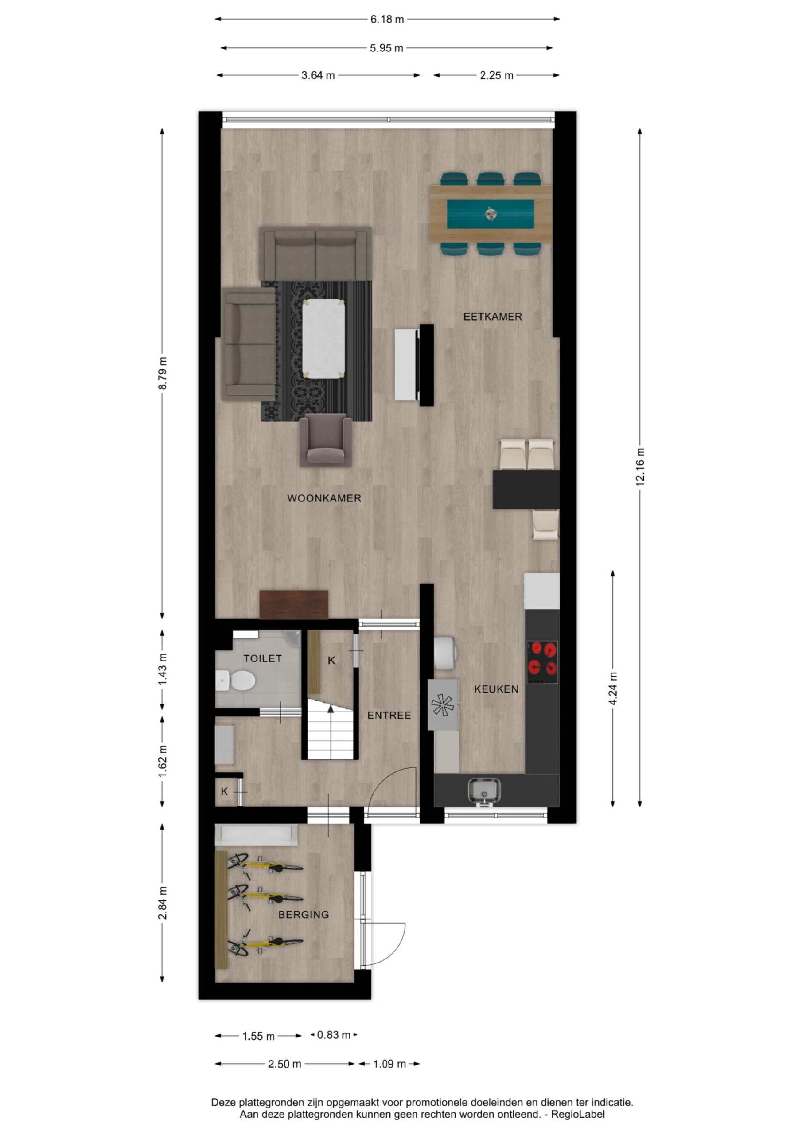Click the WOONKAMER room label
coord(324,498)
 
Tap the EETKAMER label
coord(493,317)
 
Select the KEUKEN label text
coord(496,689)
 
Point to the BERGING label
coord(304,915)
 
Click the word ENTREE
coord(389,715)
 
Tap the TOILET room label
coord(262,658)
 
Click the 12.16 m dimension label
coord(640,467)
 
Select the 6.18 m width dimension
coord(387,19)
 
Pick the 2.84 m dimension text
coord(163,903)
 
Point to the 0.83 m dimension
coord(334,1035)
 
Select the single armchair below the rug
coord(326,440)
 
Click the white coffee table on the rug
coord(323,339)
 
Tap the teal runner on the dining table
coord(491,214)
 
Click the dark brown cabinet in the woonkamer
coord(294,605)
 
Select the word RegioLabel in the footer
coord(578,1115)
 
